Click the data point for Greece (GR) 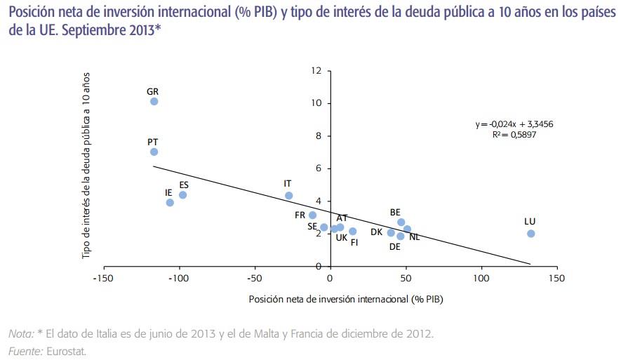154,102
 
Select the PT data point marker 154,152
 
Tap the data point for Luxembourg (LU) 530,234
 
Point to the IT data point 288,196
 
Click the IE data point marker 170,203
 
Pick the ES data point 182,195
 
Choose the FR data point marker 313,215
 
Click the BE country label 395,212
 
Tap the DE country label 394,246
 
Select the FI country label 354,243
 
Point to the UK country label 342,238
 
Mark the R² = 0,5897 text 515,135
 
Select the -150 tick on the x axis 103,279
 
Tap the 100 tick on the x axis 481,279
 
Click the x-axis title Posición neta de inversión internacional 346,299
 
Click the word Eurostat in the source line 67,351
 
